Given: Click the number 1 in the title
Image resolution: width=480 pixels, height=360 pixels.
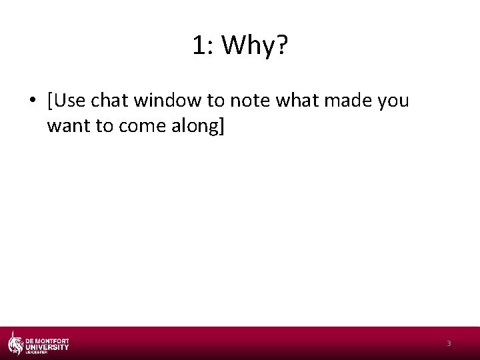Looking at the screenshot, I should tap(199, 46).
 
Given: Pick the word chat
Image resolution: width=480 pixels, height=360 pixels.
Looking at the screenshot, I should tap(111, 101).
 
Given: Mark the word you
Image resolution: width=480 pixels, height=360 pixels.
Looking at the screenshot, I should tap(393, 102).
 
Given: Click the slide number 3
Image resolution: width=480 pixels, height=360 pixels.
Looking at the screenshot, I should tap(449, 343).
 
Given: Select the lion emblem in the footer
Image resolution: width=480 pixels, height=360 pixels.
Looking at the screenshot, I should tap(15, 343).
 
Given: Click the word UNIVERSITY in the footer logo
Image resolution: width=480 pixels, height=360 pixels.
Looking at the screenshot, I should tap(47, 347).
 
